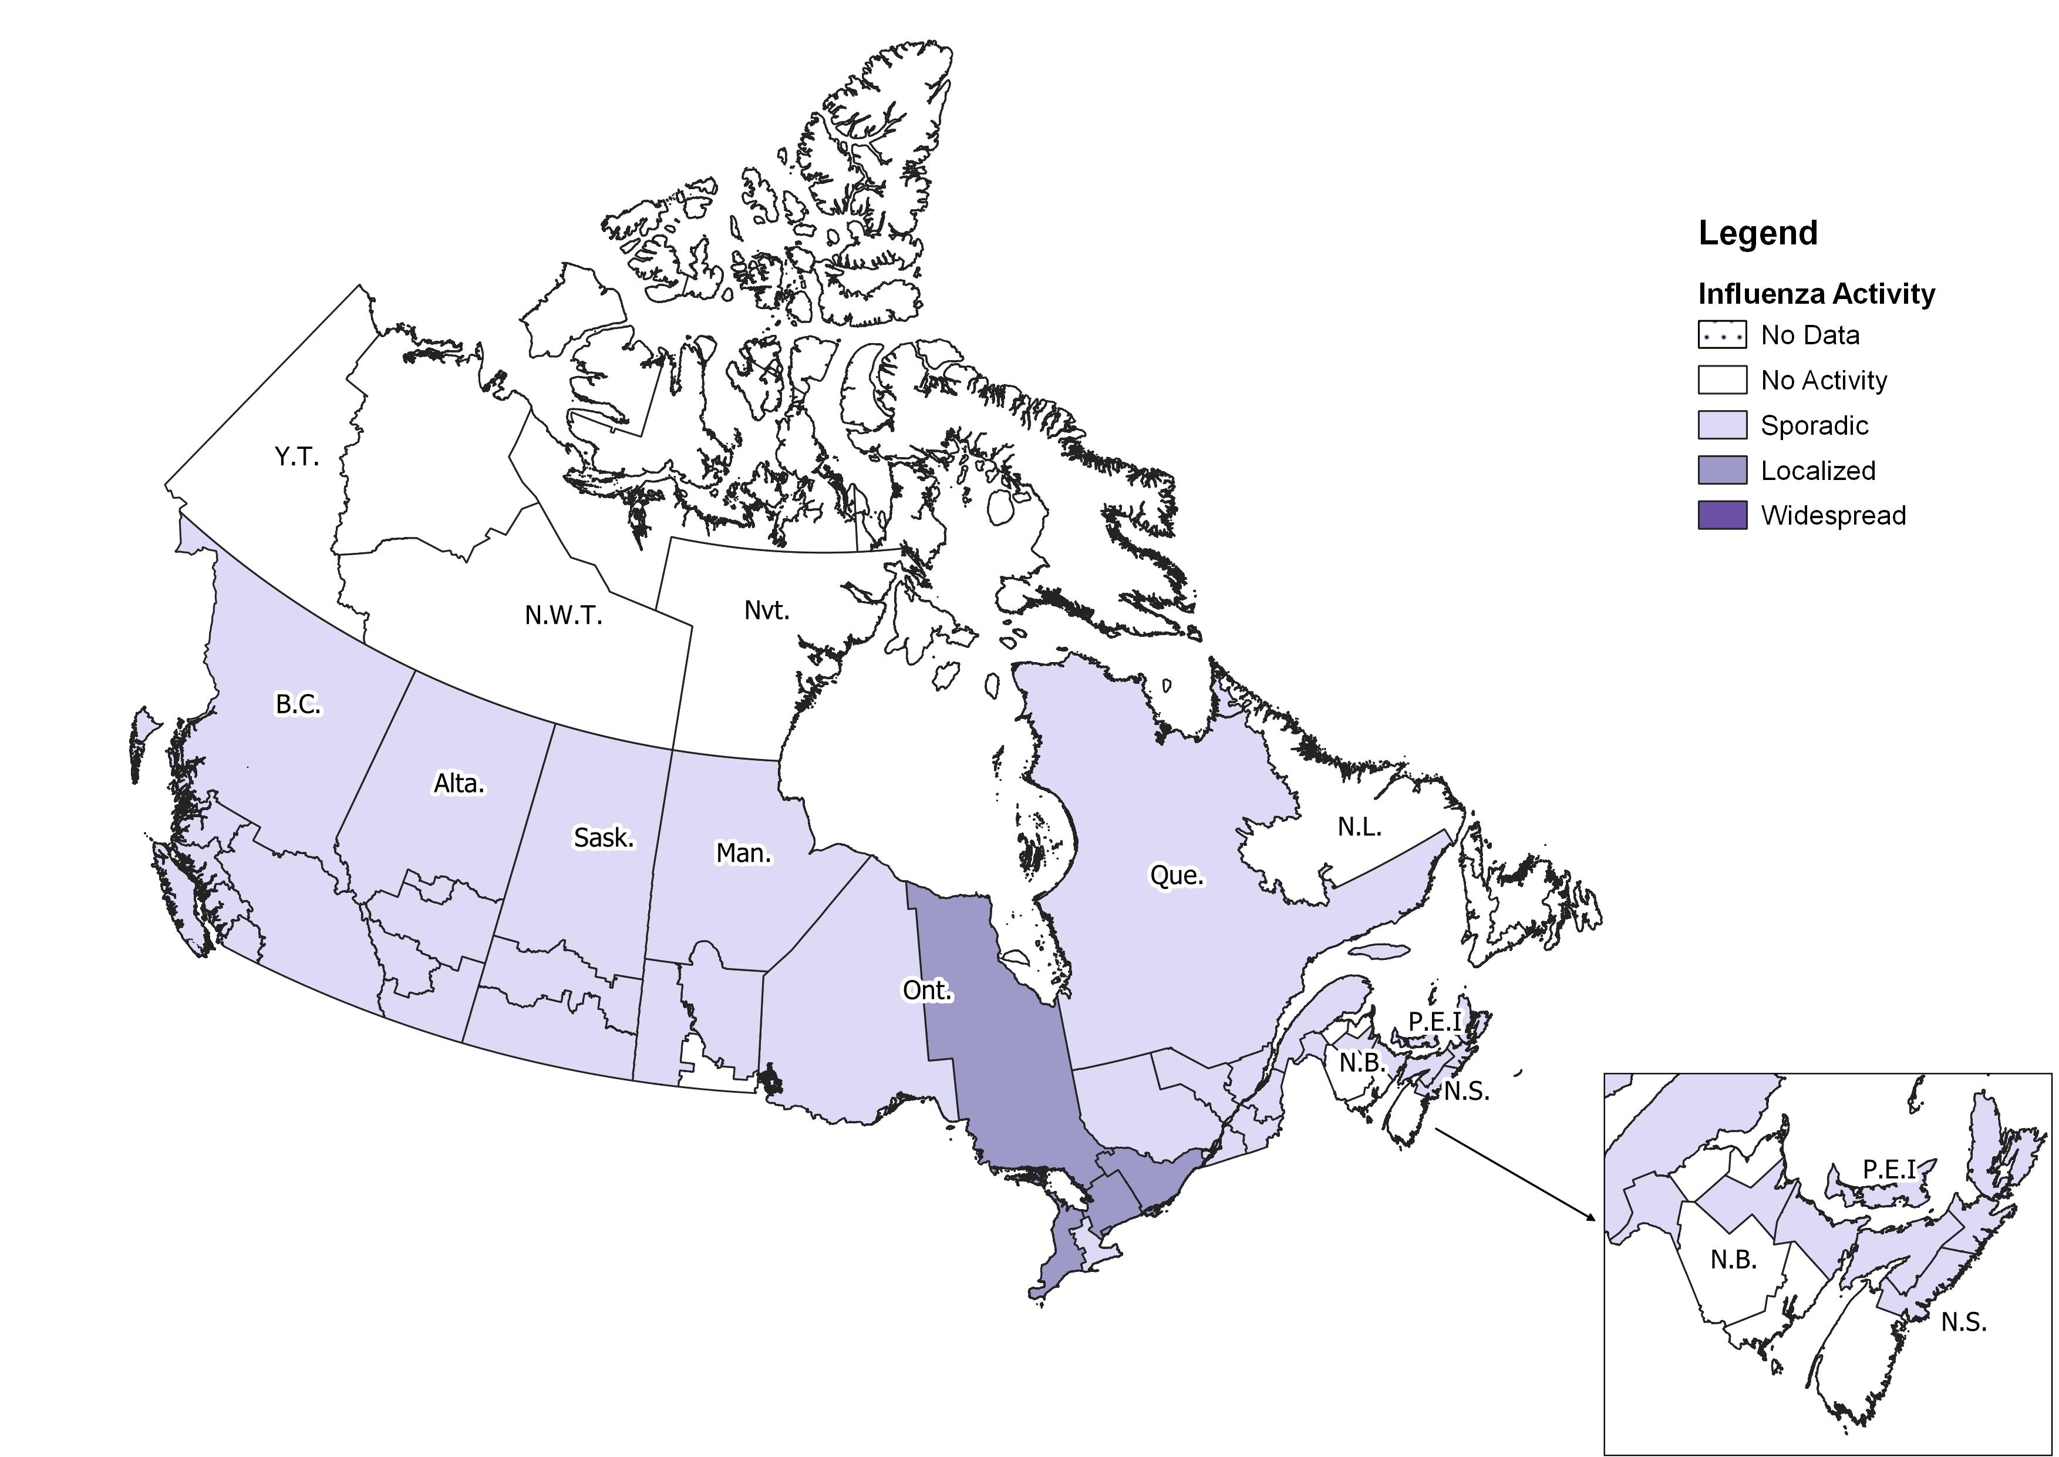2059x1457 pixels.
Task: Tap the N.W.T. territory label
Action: [x=563, y=616]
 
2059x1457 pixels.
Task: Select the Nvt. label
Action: [x=767, y=611]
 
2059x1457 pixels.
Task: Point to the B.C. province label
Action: [x=298, y=704]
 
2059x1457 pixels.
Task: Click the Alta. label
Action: [x=459, y=784]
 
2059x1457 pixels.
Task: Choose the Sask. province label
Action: [x=604, y=838]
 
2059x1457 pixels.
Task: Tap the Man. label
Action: [x=743, y=853]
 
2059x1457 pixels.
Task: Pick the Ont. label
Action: [x=926, y=991]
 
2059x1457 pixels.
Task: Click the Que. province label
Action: [x=1177, y=875]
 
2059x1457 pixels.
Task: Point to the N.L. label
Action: [x=1360, y=827]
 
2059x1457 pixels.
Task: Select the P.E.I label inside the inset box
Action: [x=1889, y=1170]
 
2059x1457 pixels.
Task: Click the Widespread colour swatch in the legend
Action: [x=1722, y=515]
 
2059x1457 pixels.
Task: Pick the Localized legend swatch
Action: [x=1722, y=470]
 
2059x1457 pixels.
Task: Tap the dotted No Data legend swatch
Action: [x=1722, y=335]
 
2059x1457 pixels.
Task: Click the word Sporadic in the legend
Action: [x=1814, y=425]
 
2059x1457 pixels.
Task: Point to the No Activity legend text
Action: [x=1823, y=380]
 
